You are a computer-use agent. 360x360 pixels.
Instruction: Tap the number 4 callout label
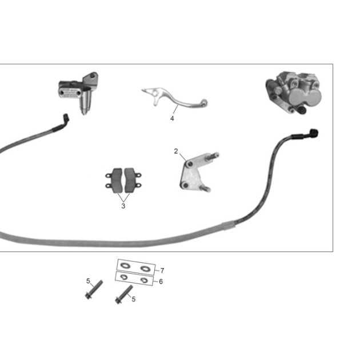[x=172, y=118]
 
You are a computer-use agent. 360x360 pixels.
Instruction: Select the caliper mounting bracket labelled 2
[x=198, y=173]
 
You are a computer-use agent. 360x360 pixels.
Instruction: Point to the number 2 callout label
[x=176, y=151]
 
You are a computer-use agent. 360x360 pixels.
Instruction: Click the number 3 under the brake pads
[x=123, y=206]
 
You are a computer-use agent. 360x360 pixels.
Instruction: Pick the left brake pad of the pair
[x=115, y=181]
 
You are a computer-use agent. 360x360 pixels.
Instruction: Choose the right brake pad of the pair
[x=131, y=181]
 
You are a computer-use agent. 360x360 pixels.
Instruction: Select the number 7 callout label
[x=162, y=271]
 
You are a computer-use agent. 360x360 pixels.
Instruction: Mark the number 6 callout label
[x=161, y=282]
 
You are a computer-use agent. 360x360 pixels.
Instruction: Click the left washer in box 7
[x=125, y=266]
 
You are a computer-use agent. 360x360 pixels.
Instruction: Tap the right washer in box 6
[x=144, y=280]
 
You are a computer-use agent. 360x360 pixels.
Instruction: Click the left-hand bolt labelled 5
[x=94, y=290]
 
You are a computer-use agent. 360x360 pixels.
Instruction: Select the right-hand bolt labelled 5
[x=124, y=295]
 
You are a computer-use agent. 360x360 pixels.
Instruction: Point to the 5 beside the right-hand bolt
[x=133, y=299]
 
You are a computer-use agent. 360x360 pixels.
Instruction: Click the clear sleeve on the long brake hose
[x=229, y=225]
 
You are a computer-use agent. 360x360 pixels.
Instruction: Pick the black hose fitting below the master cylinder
[x=66, y=118]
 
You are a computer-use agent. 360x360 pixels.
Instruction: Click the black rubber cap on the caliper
[x=302, y=110]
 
